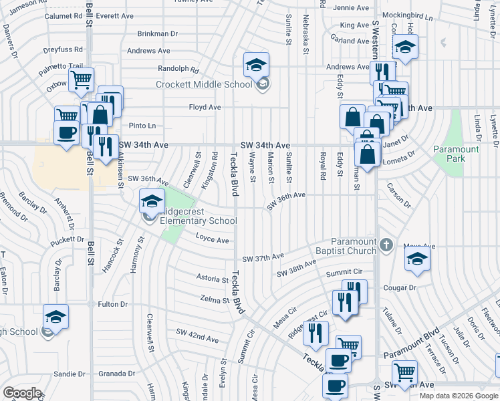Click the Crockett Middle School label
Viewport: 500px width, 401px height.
pyautogui.click(x=204, y=84)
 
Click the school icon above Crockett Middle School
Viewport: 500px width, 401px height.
pyautogui.click(x=255, y=65)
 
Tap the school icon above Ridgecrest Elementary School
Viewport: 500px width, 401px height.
pyautogui.click(x=152, y=200)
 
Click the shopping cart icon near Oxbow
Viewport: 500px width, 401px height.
pyautogui.click(x=81, y=80)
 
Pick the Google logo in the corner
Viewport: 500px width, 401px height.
pyautogui.click(x=22, y=392)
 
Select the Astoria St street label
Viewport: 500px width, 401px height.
pyautogui.click(x=213, y=277)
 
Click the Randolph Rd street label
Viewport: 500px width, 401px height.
pyautogui.click(x=178, y=69)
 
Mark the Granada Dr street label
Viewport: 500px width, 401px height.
pyautogui.click(x=128, y=374)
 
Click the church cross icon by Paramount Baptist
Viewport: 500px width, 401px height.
pyautogui.click(x=385, y=246)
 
